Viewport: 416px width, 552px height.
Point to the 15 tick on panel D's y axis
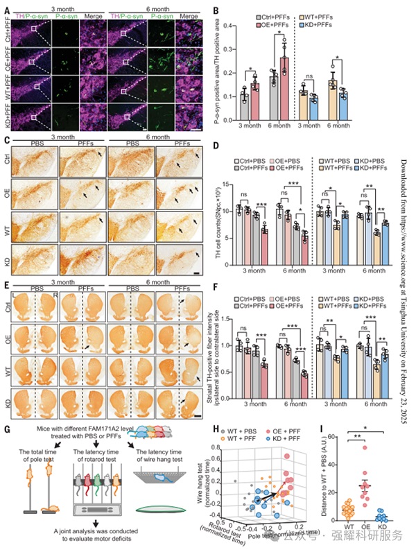229,184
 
